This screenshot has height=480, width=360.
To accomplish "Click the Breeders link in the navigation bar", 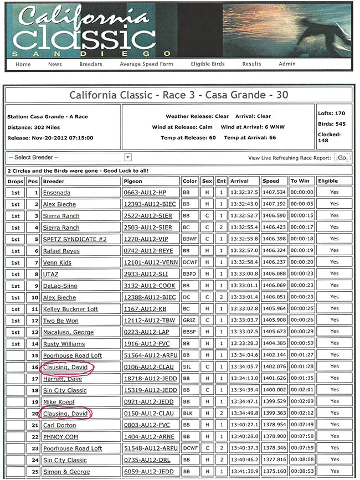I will (x=90, y=64).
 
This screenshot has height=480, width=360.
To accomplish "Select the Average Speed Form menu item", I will (x=146, y=64).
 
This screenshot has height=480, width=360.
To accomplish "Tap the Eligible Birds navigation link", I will (x=208, y=64).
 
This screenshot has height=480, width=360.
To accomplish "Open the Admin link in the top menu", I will (x=287, y=64).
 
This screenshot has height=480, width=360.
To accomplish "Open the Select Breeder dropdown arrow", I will (x=128, y=157).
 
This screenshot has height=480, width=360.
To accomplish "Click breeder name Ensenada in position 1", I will (x=57, y=193).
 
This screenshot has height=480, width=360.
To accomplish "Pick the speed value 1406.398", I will (x=274, y=239).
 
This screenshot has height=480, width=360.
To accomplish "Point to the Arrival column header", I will (x=240, y=181).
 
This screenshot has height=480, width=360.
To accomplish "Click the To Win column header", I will (x=301, y=181).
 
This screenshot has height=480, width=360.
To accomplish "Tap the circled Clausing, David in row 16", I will (x=65, y=367).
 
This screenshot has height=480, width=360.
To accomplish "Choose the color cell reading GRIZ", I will (x=189, y=321).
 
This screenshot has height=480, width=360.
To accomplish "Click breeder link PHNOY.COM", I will (x=60, y=437).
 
